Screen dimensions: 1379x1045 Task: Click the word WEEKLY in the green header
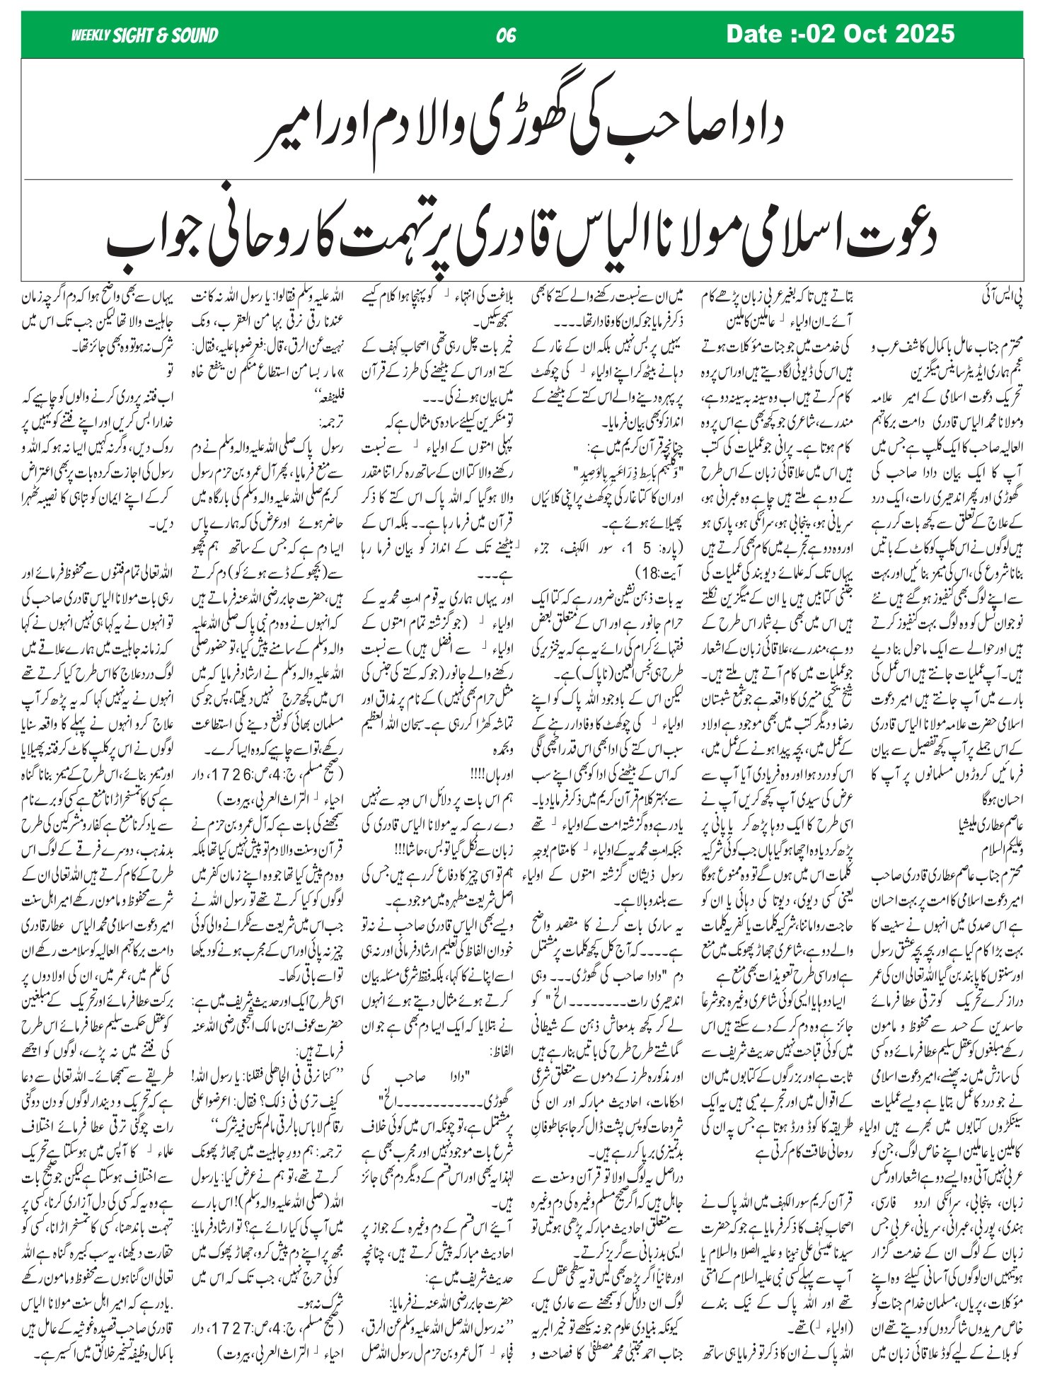[x=91, y=35]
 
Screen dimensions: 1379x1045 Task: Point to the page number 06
[x=507, y=35]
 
